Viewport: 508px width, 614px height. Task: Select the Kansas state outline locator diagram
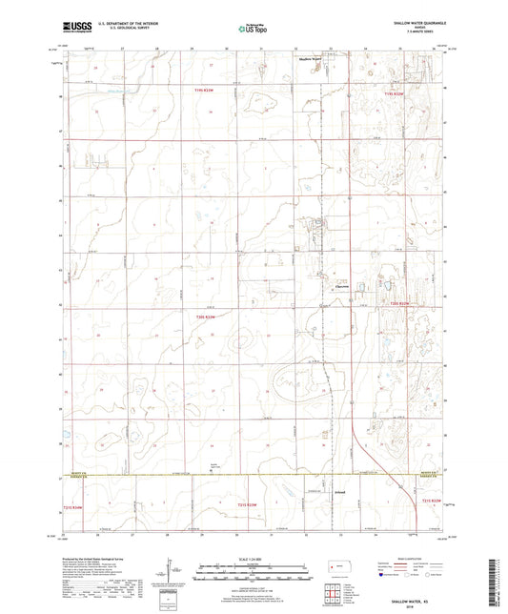335,567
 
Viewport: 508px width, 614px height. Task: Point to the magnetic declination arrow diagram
172,570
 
